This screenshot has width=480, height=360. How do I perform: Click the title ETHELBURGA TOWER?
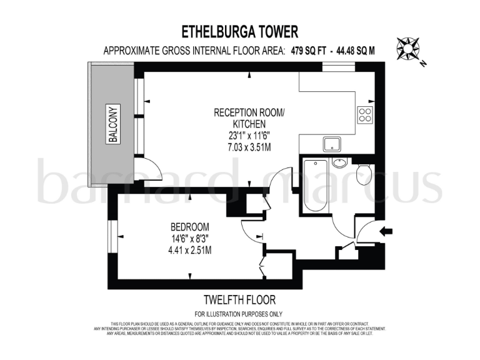point(240,31)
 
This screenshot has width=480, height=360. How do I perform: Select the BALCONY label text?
point(112,125)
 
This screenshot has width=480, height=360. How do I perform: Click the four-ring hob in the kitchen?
point(364,114)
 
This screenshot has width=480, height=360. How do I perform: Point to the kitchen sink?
point(332,144)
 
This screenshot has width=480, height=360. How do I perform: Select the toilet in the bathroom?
point(364,175)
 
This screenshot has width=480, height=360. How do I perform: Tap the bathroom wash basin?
point(339,164)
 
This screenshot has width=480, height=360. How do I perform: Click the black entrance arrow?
point(386,231)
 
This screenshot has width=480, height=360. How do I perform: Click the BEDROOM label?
point(189,226)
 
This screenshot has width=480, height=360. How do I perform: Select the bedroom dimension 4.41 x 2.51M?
point(189,250)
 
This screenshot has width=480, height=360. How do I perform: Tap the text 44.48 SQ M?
point(355,52)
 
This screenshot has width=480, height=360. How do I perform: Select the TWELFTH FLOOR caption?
point(239,300)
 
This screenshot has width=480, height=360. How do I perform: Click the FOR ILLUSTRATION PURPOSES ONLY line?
point(239,314)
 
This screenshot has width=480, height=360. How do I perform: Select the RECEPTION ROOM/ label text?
point(249,112)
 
